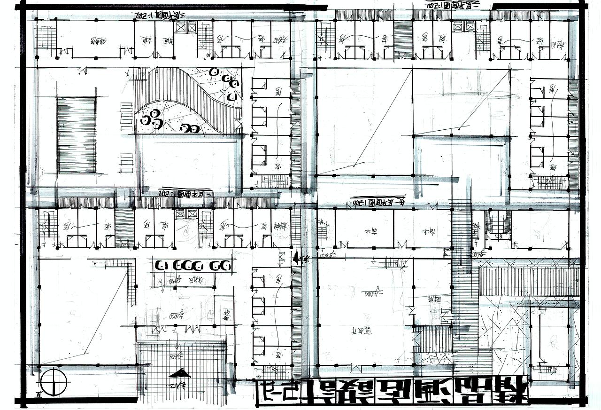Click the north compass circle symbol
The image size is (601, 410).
point(54,382)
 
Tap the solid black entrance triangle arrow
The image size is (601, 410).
point(180,373)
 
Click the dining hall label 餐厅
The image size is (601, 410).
point(361,331)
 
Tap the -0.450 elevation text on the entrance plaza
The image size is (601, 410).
point(177,357)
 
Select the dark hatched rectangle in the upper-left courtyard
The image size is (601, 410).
point(77,135)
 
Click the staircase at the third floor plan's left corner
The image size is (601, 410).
point(46,38)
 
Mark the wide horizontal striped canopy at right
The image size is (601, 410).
point(528,281)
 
